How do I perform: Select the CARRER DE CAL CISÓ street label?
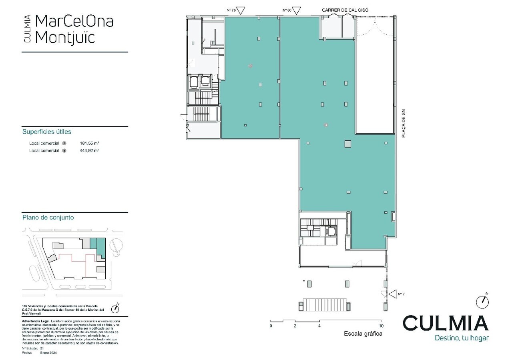[345, 10]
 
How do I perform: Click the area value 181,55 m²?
[90, 143]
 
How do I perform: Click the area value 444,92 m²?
[90, 151]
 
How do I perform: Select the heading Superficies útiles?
[47, 132]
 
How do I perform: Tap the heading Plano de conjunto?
[48, 218]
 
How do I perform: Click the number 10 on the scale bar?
[381, 326]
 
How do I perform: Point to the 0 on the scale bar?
[271, 326]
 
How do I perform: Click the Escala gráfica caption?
[363, 334]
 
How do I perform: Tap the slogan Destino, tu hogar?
[462, 338]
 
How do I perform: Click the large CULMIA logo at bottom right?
[446, 323]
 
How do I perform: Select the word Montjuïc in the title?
[65, 37]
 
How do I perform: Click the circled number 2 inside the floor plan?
[250, 66]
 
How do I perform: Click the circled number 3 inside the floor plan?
[326, 125]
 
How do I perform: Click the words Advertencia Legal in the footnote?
[35, 321]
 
